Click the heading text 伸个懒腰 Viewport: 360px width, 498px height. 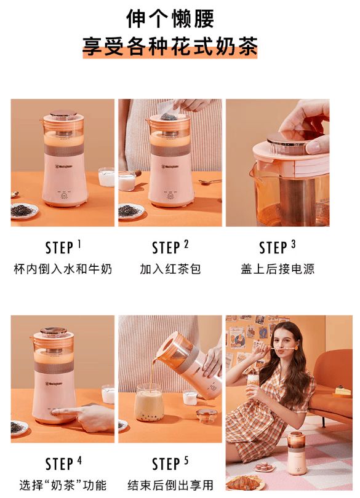point(170,18)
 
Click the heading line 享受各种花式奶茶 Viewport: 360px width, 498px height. point(170,47)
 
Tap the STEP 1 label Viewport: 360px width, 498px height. point(63,247)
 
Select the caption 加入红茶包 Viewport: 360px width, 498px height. point(170,269)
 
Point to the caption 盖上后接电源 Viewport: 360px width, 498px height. point(278,269)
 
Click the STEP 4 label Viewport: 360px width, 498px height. point(63,464)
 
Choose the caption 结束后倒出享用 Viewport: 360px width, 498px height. point(170,485)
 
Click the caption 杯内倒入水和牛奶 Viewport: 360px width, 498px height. point(63,269)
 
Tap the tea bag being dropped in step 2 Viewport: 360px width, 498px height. point(169,116)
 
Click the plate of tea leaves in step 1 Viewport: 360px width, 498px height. point(24,210)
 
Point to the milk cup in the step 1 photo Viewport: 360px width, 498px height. point(106,176)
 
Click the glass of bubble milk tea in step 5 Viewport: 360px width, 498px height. point(149,403)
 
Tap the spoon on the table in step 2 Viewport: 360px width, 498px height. point(210,181)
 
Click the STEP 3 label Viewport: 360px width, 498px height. point(278,247)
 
